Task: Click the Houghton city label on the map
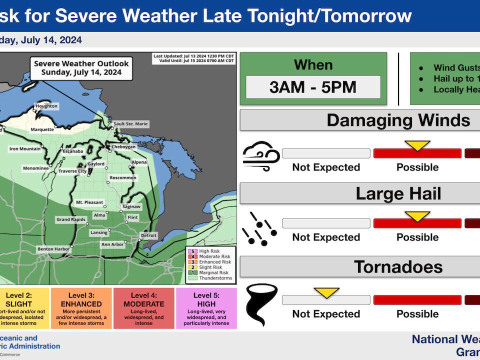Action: click(46, 106)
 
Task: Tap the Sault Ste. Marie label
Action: click(131, 124)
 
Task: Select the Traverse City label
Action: click(72, 171)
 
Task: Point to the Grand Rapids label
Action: click(69, 219)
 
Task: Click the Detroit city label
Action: click(148, 235)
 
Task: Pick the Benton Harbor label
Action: click(53, 248)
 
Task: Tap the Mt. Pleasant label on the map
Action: click(89, 202)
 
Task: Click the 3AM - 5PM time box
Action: click(313, 87)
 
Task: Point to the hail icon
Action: click(259, 229)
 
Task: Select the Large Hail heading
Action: click(398, 193)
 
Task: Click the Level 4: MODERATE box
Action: click(144, 308)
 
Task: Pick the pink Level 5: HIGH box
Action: click(206, 308)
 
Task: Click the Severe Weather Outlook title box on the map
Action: click(81, 67)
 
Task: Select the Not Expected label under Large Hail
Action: click(326, 237)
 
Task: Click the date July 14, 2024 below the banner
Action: click(42, 40)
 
